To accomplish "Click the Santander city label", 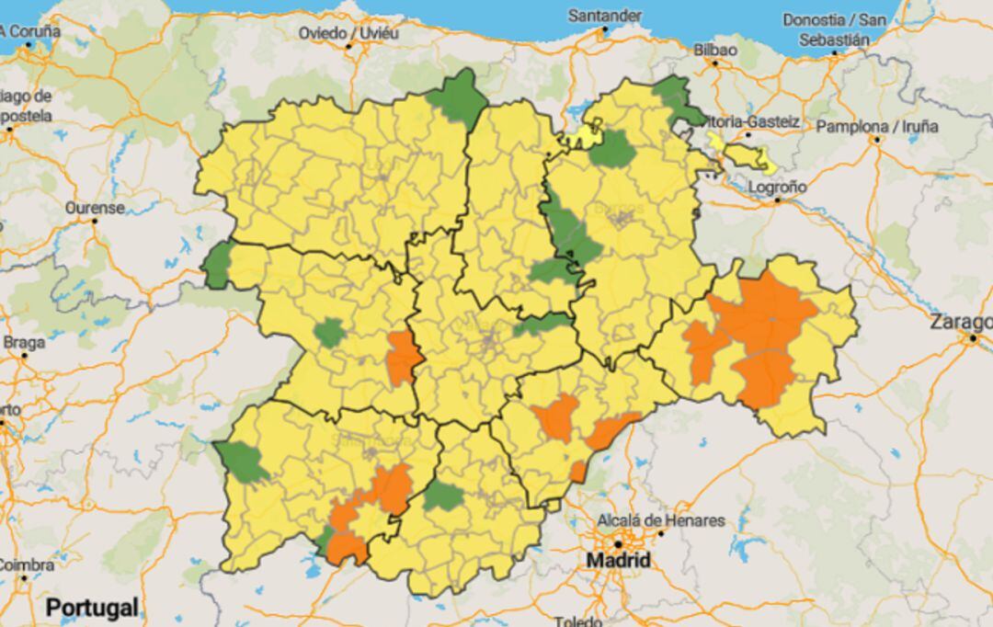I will click(604, 16).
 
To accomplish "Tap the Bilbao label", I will click(715, 50).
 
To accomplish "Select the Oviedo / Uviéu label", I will click(348, 33).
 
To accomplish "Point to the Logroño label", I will click(776, 187).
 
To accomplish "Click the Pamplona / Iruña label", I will click(877, 126).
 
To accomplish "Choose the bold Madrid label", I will click(618, 560).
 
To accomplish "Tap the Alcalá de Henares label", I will click(661, 521).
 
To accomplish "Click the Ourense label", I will click(94, 208).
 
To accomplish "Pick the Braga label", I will click(24, 342).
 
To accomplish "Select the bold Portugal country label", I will click(92, 608).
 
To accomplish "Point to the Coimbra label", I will click(24, 564).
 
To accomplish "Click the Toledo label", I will click(578, 621).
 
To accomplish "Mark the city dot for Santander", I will click(604, 29).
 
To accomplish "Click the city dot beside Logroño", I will click(777, 199).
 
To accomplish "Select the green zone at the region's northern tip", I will click(458, 97).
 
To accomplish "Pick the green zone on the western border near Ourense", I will click(217, 266).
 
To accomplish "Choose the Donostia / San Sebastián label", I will click(833, 29).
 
